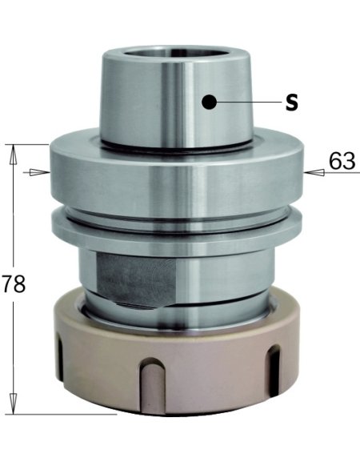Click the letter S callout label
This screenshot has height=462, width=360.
[x=292, y=103]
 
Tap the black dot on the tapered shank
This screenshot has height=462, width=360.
[x=209, y=102]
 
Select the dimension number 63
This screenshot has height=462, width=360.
[x=341, y=162]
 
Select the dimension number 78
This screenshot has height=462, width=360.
[x=14, y=283]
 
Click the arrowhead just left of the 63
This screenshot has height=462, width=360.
[x=314, y=171]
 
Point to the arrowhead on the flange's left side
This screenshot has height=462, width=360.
[x=34, y=171]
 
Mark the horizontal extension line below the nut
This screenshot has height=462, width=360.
[x=64, y=416]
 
